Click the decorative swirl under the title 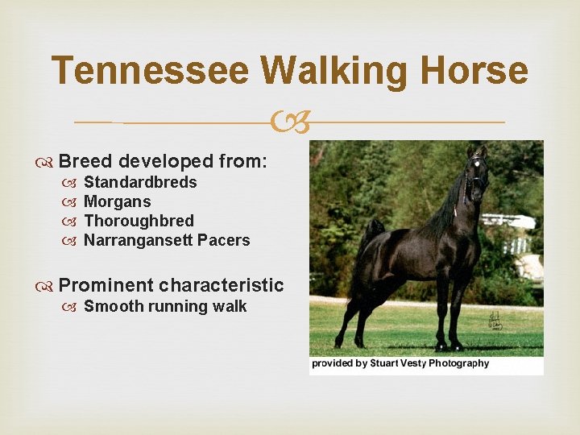tap(290, 122)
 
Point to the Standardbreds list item tap(140, 182)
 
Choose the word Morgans tap(117, 201)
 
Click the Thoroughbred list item tap(139, 221)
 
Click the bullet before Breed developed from tap(48, 162)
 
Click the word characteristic tap(222, 285)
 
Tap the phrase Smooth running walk tap(165, 306)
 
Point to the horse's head tap(477, 169)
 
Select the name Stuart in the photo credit tap(391, 363)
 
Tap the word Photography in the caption tap(458, 363)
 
